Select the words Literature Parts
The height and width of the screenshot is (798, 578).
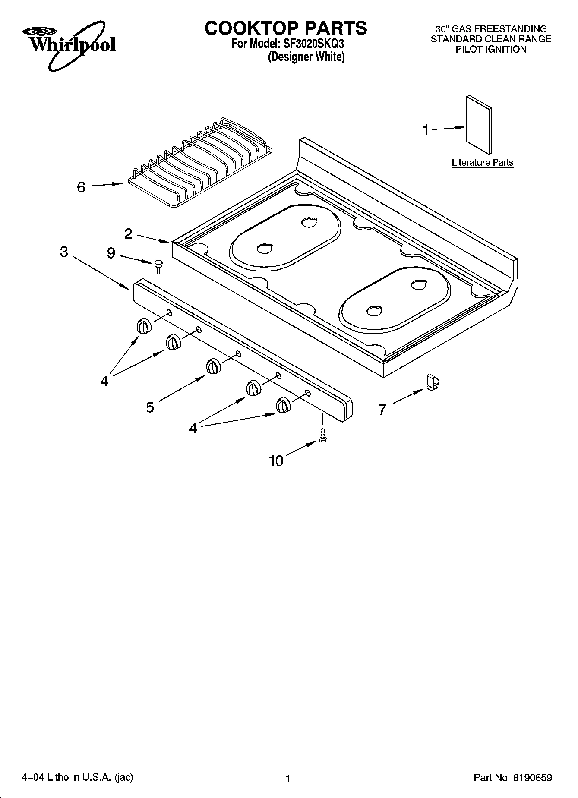pos(482,163)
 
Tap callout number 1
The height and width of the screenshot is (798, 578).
pos(426,129)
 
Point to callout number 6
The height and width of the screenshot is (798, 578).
pos(81,187)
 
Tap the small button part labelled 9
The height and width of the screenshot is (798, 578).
pos(158,266)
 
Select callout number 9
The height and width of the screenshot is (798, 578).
pos(111,253)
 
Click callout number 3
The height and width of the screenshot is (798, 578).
pos(64,252)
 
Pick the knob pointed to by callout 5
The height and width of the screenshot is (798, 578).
pos(213,366)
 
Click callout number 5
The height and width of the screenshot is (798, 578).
pos(150,407)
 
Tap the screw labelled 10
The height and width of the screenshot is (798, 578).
pos(322,437)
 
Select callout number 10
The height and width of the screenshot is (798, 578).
pos(276,461)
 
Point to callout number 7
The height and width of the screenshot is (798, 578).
pos(382,409)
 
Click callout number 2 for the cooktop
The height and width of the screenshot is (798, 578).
pos(128,234)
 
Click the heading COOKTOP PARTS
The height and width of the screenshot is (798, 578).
pos(286,28)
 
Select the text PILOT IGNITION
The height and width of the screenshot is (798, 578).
pos(491,49)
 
